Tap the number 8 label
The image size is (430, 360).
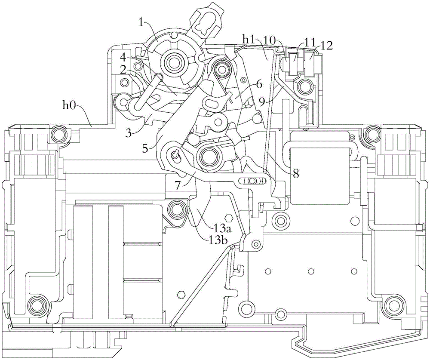(x=296, y=173)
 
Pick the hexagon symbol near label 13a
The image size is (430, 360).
(x=228, y=218)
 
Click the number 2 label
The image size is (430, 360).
(x=124, y=70)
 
